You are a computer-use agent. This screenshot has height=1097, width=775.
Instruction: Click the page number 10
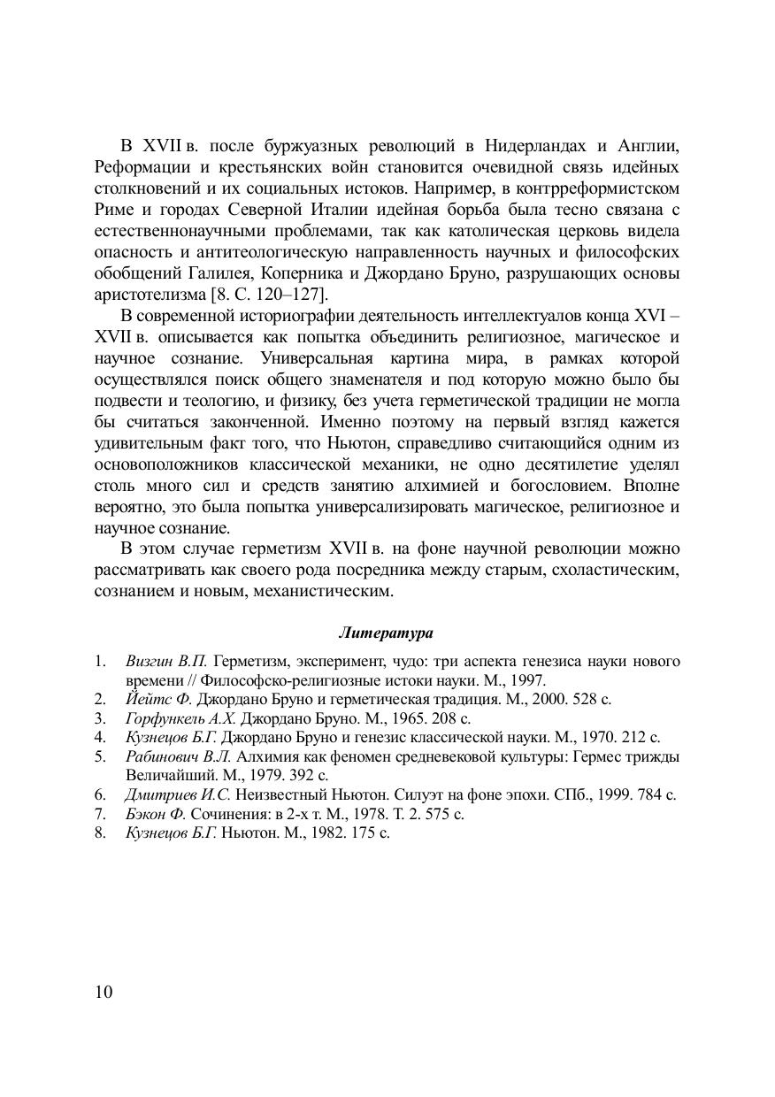pyautogui.click(x=103, y=992)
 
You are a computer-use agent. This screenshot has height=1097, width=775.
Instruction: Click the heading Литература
pyautogui.click(x=386, y=633)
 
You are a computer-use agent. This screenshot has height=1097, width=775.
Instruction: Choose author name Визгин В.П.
pyautogui.click(x=166, y=661)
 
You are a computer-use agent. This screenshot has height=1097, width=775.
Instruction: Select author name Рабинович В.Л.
pyautogui.click(x=179, y=756)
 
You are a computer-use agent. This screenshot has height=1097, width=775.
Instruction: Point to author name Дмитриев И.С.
pyautogui.click(x=179, y=794)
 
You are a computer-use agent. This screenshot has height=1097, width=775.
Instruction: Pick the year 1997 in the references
pyautogui.click(x=528, y=680)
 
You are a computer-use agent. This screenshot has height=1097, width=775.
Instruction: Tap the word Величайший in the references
pyautogui.click(x=167, y=775)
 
